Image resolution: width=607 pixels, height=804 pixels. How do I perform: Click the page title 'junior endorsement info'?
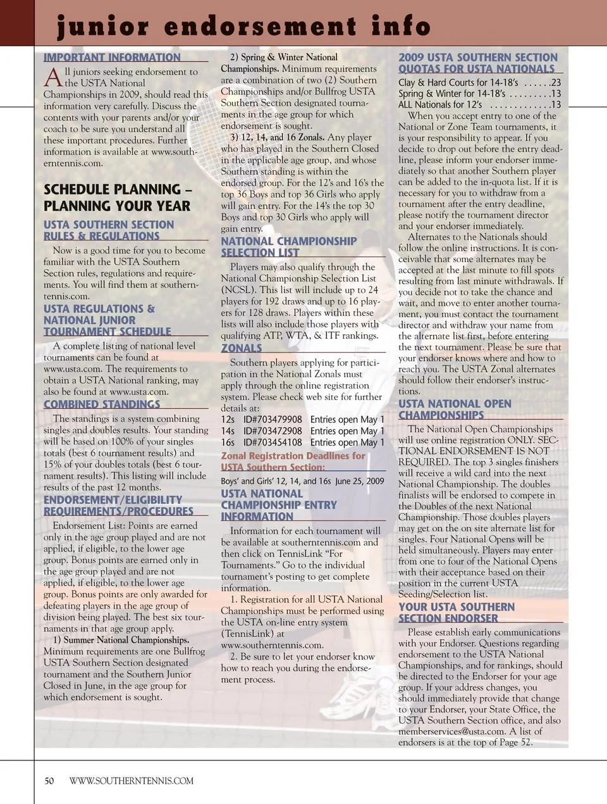(243, 27)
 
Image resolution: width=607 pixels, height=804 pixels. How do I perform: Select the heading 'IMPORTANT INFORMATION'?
(112, 58)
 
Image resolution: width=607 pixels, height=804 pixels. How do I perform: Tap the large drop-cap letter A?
(53, 78)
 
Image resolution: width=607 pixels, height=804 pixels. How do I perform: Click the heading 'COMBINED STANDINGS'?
(102, 405)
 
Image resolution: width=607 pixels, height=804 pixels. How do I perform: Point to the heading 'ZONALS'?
(242, 348)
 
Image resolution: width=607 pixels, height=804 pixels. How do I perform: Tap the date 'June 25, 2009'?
(359, 481)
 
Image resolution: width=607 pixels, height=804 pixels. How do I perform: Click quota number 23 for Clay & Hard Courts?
(555, 82)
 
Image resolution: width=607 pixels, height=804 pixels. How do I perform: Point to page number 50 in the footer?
(49, 781)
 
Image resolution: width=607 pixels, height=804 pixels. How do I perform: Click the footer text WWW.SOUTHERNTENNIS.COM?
(132, 781)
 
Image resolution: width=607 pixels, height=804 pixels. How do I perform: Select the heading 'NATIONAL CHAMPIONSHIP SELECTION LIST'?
(289, 247)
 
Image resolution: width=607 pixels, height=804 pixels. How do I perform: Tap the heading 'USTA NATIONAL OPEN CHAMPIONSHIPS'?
(455, 410)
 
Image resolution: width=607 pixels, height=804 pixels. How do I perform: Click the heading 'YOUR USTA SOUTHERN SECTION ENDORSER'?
(456, 613)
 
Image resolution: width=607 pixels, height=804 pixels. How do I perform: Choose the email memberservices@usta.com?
(451, 731)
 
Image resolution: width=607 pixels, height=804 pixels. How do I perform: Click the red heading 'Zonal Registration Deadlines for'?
(293, 456)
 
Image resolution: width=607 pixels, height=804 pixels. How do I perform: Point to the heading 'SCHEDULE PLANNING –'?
(118, 189)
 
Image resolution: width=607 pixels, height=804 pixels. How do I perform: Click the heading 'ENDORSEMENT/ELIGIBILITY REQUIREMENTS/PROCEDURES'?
(118, 506)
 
